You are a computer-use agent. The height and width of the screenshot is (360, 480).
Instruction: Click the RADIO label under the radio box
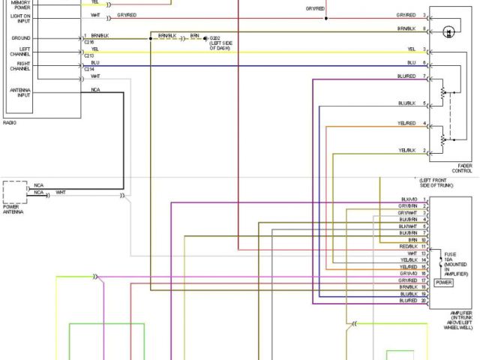tap(10, 122)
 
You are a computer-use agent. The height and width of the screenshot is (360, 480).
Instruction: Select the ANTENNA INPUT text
tap(20, 93)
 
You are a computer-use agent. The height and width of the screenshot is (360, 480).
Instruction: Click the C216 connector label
tap(89, 42)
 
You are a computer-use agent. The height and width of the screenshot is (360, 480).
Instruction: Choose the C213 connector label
tap(89, 55)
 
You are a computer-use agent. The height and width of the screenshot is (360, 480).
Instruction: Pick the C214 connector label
tap(89, 69)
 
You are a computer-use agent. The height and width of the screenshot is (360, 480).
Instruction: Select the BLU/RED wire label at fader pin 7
tap(406, 76)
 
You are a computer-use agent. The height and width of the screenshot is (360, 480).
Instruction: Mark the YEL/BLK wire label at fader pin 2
tap(406, 151)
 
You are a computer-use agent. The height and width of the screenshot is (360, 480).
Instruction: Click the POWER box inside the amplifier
tap(443, 283)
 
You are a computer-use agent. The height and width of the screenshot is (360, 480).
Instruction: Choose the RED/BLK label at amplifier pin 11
tap(408, 246)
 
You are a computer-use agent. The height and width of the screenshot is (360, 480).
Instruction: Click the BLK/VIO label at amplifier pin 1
tap(409, 199)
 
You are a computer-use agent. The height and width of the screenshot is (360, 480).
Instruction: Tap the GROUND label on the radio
tap(21, 37)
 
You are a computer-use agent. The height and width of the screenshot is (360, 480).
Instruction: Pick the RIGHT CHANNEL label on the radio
tap(20, 67)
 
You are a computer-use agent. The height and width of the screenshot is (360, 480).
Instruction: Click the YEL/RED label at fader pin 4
tap(406, 123)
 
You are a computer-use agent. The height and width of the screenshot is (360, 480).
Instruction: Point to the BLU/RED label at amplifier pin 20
tap(408, 301)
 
